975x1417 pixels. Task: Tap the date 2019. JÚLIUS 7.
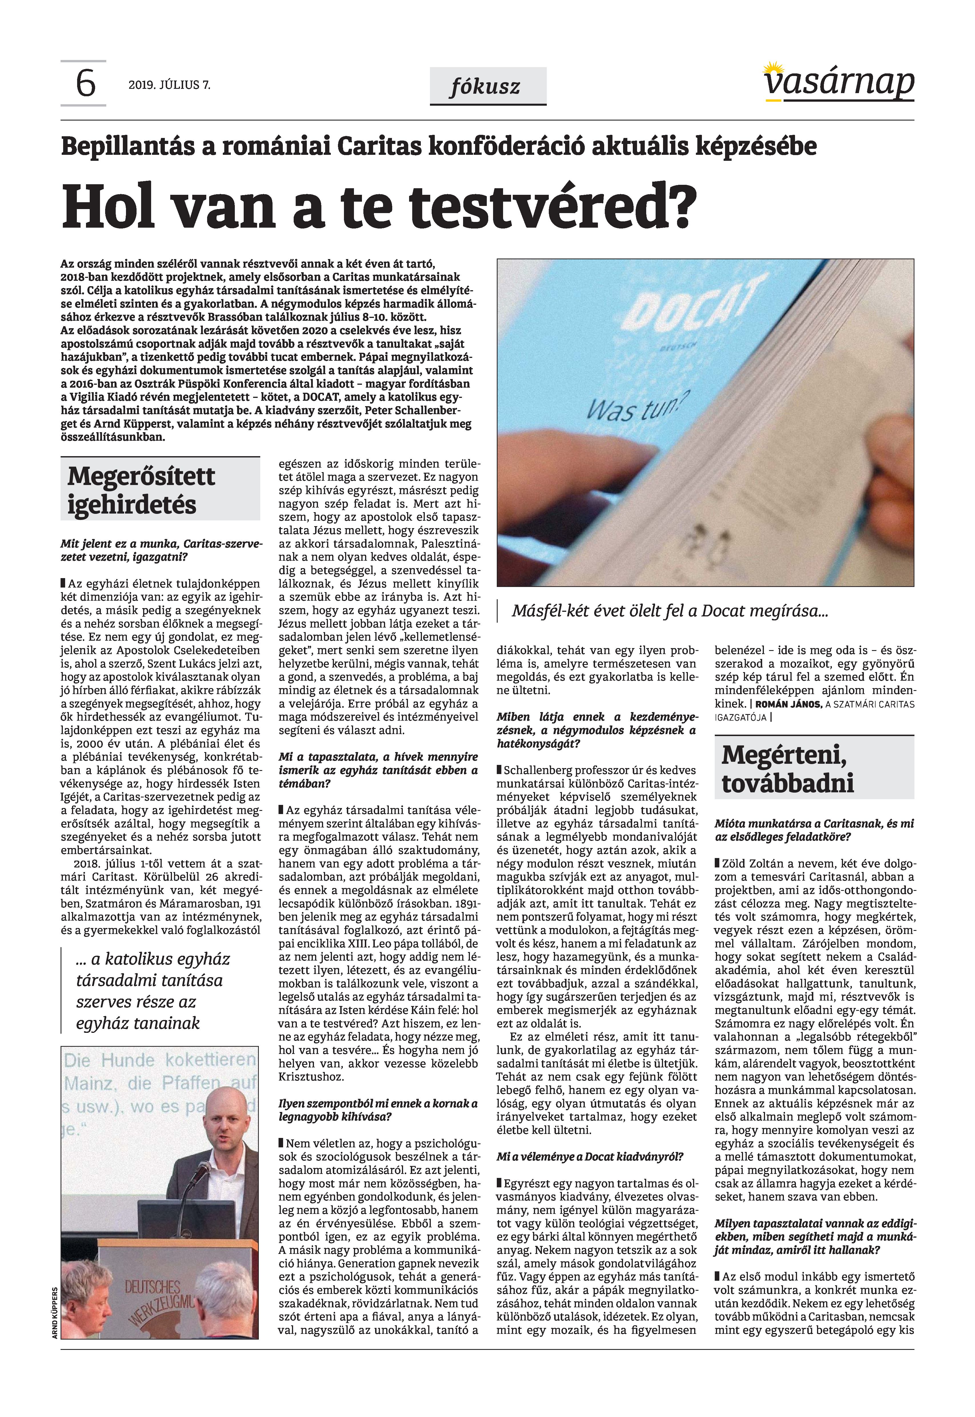pos(169,85)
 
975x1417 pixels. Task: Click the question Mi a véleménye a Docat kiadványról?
pos(590,1156)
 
